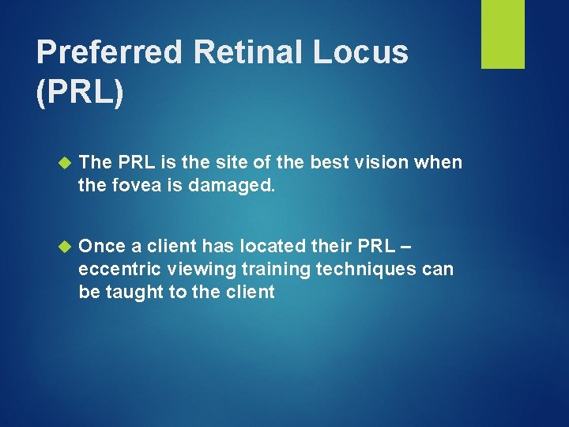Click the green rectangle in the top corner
click(503, 34)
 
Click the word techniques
click(367, 269)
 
